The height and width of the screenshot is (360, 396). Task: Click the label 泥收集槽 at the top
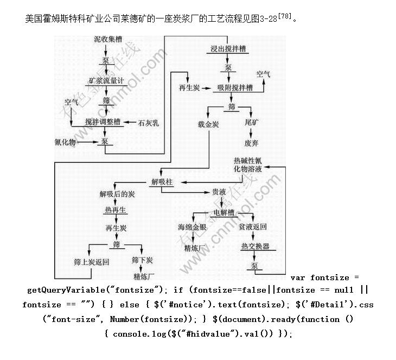point(107,40)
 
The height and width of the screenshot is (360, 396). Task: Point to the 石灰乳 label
point(149,123)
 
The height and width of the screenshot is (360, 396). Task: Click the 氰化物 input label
point(66,142)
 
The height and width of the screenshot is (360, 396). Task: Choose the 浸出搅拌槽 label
point(229,49)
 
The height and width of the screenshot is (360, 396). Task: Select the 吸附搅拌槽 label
point(235,87)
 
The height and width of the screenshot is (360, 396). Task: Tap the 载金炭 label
point(208,125)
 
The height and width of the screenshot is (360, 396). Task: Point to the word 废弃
point(251,143)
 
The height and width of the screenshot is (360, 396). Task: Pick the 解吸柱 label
point(161,182)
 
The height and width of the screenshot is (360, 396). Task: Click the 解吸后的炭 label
point(117,194)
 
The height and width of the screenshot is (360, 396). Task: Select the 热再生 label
point(115,210)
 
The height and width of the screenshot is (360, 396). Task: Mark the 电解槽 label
point(224,212)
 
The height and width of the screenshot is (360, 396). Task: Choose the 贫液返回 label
point(253,227)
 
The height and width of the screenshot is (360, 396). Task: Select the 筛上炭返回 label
point(92,262)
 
